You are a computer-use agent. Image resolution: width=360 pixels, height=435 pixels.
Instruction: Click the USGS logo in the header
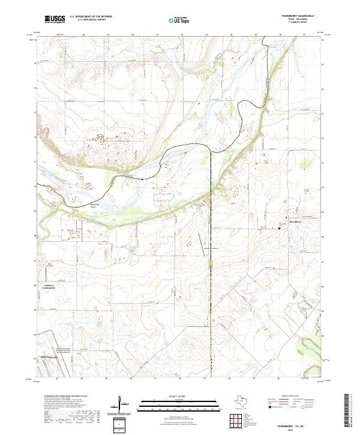pyautogui.click(x=54, y=19)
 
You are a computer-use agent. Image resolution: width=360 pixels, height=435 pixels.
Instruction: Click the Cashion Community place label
pyautogui.click(x=49, y=287)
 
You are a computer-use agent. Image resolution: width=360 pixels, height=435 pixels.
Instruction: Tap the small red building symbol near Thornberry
pyautogui.click(x=286, y=217)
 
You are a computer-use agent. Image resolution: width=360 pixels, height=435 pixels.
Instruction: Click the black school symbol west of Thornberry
pyautogui.click(x=280, y=227)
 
